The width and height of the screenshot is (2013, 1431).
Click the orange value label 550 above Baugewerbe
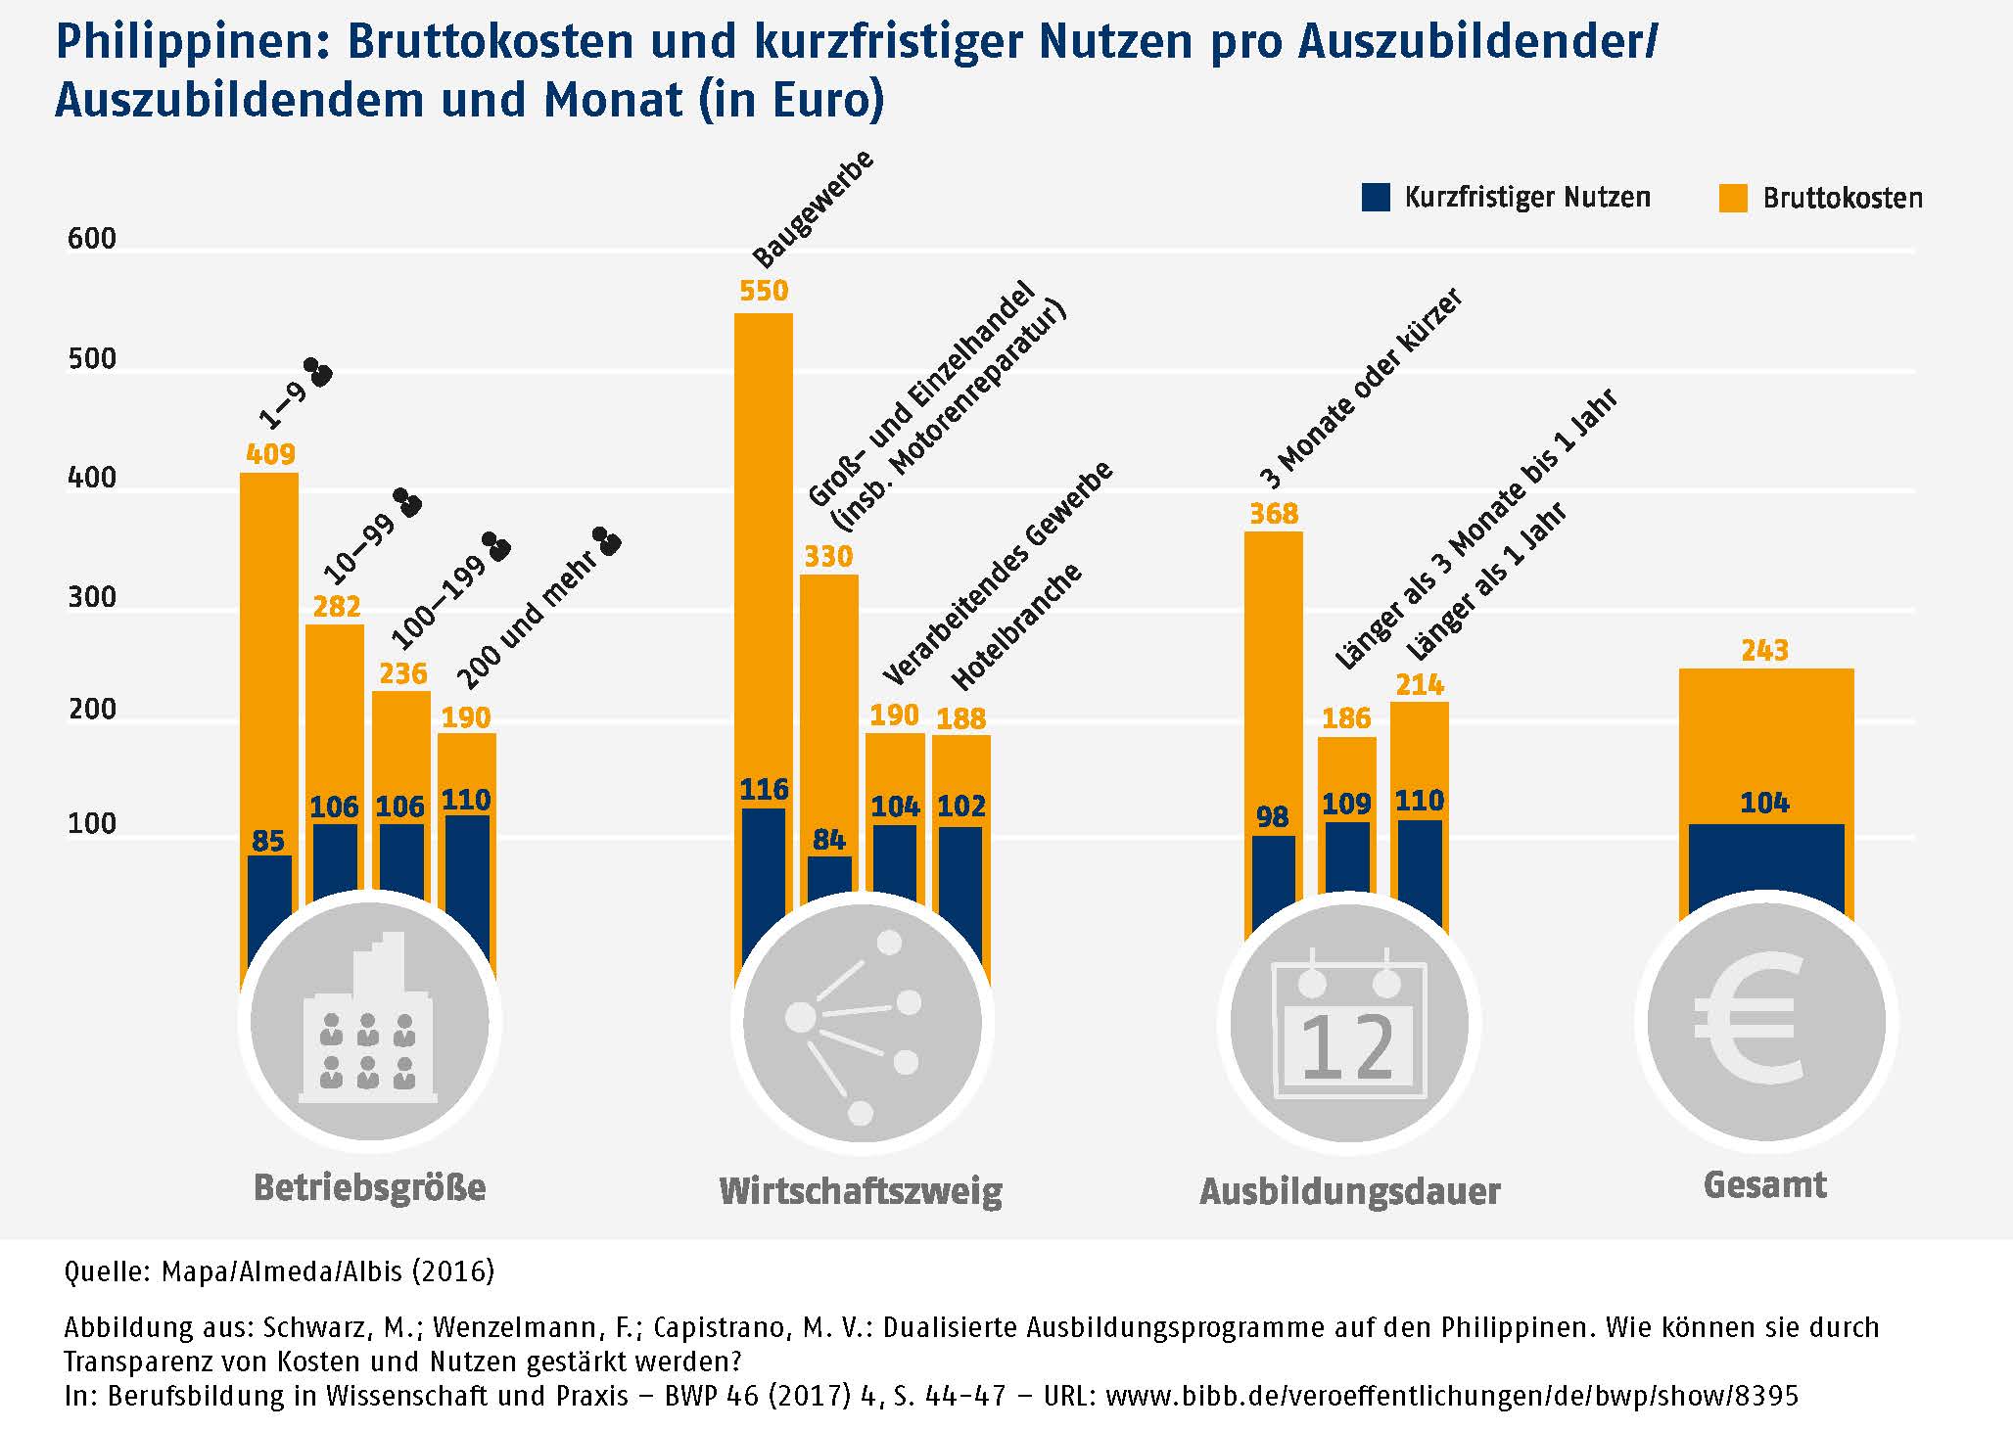[764, 291]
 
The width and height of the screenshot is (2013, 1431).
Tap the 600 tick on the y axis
[92, 239]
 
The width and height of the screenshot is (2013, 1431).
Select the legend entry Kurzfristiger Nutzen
[1526, 198]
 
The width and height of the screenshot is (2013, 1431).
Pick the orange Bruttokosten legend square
[1733, 199]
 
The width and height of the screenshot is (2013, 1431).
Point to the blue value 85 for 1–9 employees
[268, 841]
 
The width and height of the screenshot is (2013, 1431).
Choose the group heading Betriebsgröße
[370, 1187]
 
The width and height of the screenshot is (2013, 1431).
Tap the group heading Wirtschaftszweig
[861, 1191]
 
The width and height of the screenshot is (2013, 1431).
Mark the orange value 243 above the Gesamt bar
[1765, 650]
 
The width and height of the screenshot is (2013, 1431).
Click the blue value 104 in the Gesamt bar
[1764, 804]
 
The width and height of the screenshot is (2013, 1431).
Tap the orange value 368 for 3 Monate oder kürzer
[1274, 514]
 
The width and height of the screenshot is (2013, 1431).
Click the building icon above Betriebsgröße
[369, 1020]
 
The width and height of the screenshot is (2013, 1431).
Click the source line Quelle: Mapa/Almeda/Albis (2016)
[279, 1271]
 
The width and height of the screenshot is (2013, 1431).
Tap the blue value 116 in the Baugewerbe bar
[764, 789]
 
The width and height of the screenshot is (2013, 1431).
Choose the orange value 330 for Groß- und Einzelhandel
[828, 557]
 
